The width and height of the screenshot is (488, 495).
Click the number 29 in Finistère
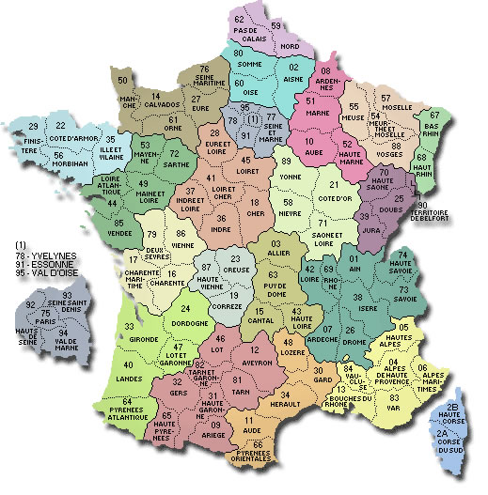click(34, 126)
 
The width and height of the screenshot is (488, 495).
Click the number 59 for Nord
click(276, 24)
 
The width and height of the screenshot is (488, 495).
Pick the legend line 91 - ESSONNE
click(45, 253)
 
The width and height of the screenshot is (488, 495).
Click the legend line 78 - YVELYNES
click(45, 244)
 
